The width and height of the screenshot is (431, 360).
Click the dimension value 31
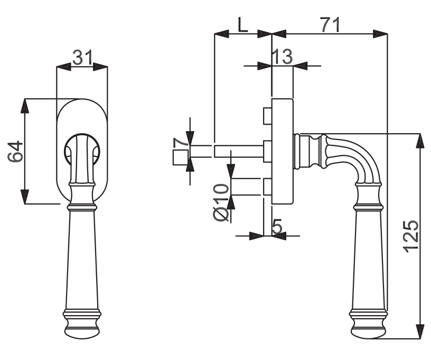coord(82,58)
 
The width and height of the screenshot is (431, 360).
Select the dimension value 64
coord(15,151)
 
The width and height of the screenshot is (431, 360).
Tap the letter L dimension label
coord(242,25)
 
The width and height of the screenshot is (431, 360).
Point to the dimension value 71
coord(330,25)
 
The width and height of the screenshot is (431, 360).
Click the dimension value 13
coord(282,57)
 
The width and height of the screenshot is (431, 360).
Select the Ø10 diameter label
coord(221,202)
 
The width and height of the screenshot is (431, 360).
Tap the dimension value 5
coord(277,226)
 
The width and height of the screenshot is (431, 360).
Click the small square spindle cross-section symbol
coord(181,158)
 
